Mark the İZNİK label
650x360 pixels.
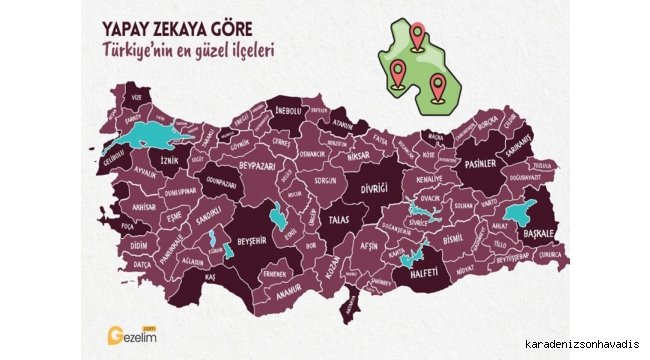point(168,158)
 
